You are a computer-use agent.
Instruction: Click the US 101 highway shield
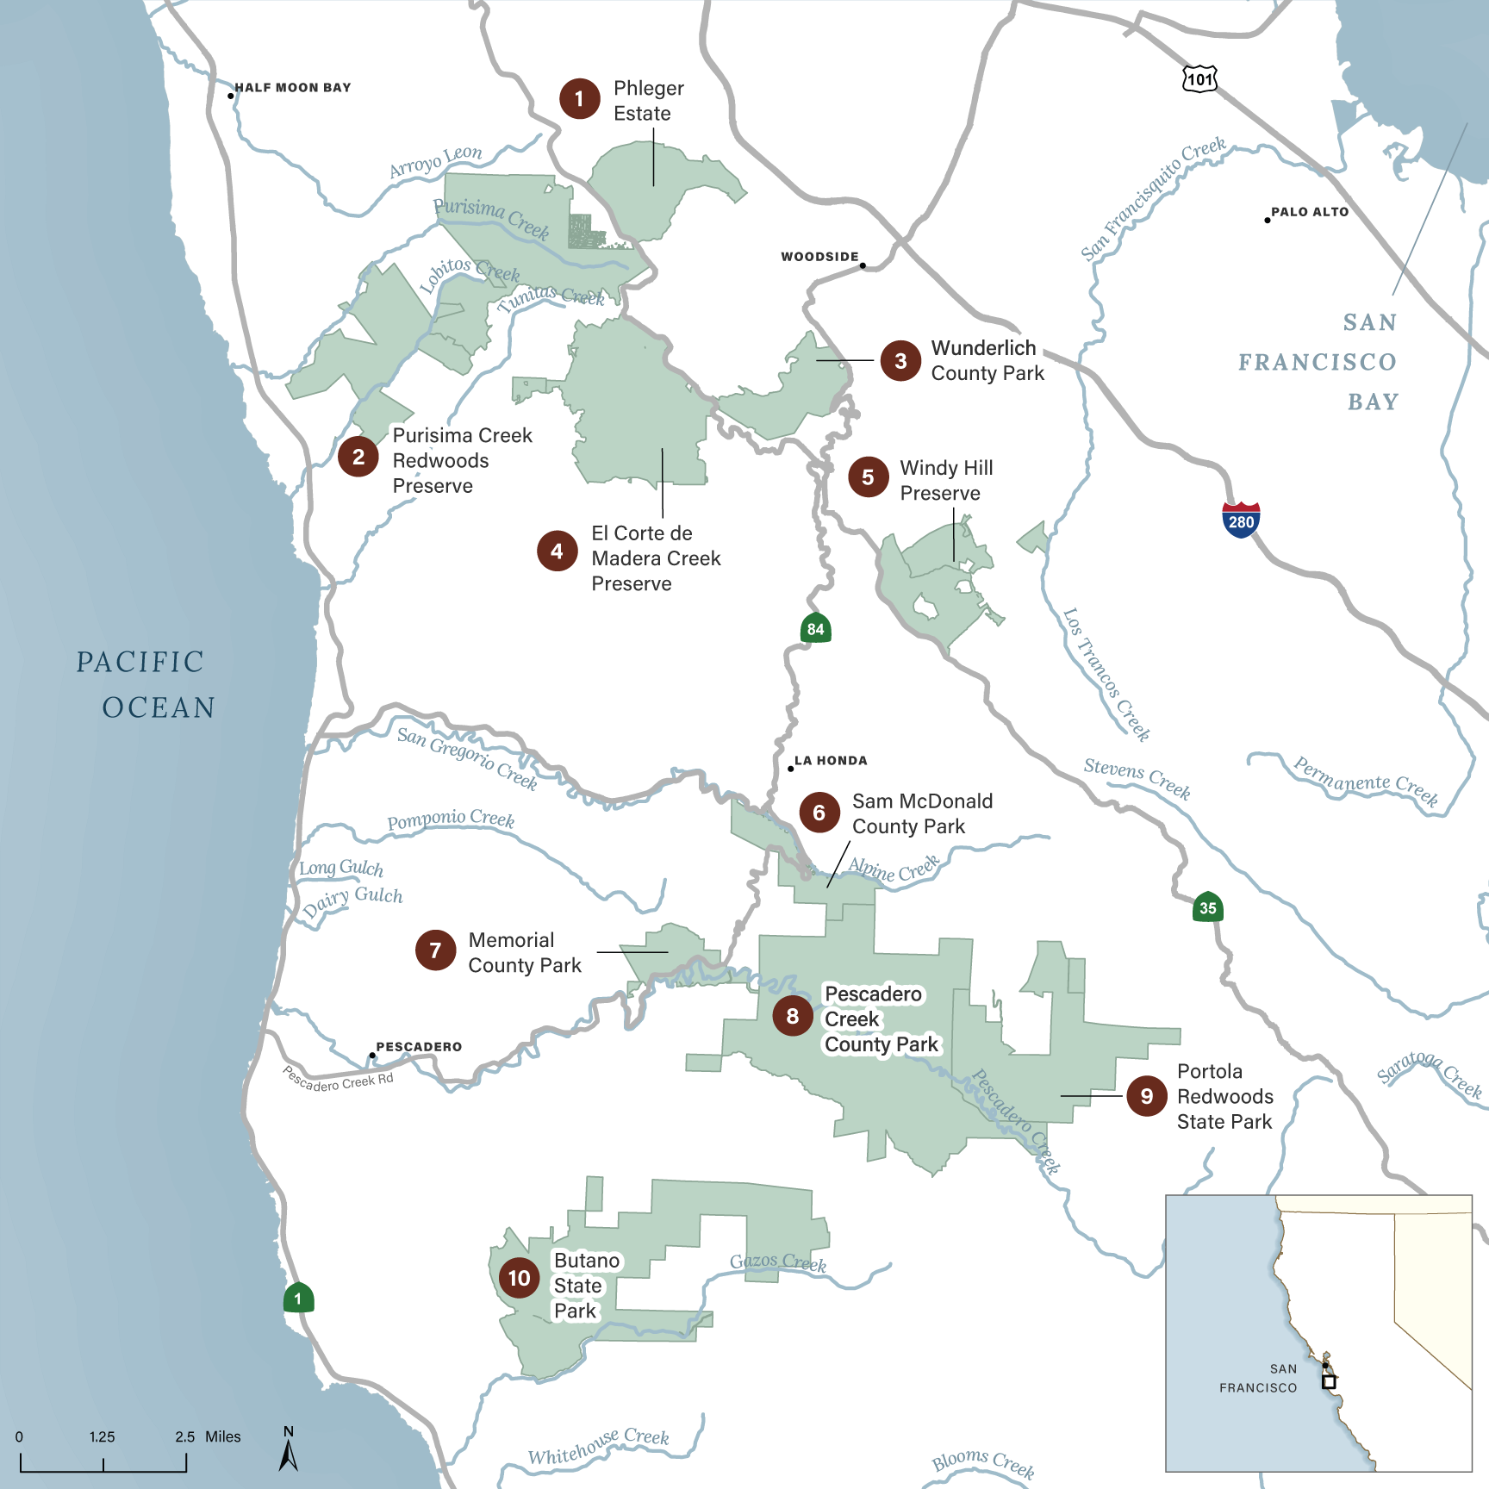[x=1199, y=78]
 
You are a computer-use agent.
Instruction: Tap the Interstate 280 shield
[x=1241, y=520]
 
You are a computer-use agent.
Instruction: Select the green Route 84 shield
[x=815, y=628]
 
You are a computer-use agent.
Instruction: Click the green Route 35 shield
[x=1208, y=906]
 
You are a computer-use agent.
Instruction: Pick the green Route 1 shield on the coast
[x=298, y=1298]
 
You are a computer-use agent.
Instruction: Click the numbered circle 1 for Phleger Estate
[x=579, y=99]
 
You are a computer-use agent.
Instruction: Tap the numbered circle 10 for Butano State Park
[x=519, y=1278]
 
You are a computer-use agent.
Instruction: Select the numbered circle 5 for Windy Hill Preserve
[x=868, y=477]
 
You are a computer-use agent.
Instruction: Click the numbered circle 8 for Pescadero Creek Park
[x=792, y=1016]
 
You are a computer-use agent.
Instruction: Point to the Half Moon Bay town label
[x=293, y=88]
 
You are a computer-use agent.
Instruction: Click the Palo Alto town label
[x=1310, y=212]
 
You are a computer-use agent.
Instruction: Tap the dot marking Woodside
[x=863, y=265]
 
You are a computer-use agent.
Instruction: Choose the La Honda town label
[x=831, y=761]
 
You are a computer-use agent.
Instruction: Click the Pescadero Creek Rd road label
[x=338, y=1080]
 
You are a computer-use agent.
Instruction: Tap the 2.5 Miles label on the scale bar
[x=208, y=1436]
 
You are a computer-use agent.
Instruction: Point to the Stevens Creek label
[x=1137, y=778]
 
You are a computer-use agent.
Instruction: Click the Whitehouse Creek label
[x=598, y=1447]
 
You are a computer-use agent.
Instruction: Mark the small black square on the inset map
[x=1329, y=1381]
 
